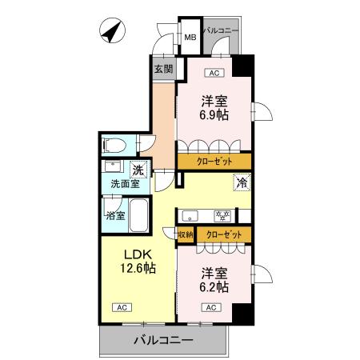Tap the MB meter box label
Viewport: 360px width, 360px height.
click(190, 37)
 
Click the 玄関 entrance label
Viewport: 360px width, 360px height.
click(163, 69)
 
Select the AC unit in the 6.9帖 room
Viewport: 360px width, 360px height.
click(213, 74)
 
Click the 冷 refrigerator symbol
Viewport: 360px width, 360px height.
click(241, 182)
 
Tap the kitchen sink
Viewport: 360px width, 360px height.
click(192, 214)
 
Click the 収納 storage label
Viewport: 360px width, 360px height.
click(185, 234)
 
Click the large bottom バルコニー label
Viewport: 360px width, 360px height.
click(162, 340)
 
